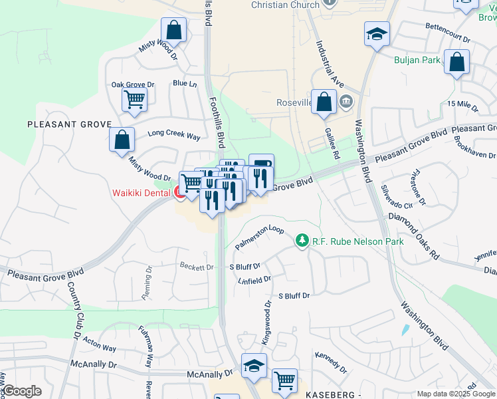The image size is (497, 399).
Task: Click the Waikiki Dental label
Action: [141, 194]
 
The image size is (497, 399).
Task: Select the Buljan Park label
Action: [417, 61]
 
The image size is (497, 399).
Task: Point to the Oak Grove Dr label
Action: [132, 84]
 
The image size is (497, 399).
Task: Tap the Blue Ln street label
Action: [185, 84]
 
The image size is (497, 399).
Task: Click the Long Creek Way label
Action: [174, 136]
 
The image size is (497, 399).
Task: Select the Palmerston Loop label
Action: [259, 238]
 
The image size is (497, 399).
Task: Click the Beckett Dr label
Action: [197, 267]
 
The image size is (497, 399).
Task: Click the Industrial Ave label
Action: [330, 65]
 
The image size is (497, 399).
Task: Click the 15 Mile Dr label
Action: [462, 104]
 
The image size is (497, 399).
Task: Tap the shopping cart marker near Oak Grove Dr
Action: [134, 100]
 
